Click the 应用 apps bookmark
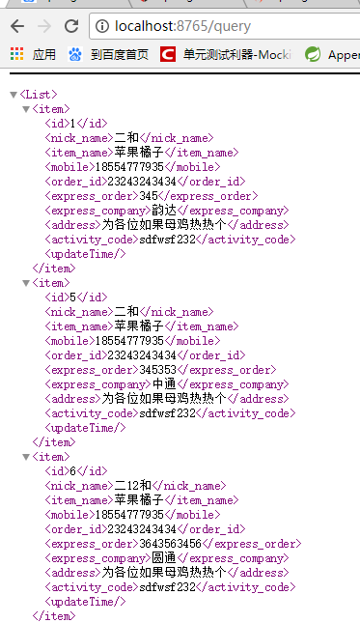point(34,55)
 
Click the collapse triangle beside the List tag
point(13,95)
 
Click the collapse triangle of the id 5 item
point(25,283)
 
